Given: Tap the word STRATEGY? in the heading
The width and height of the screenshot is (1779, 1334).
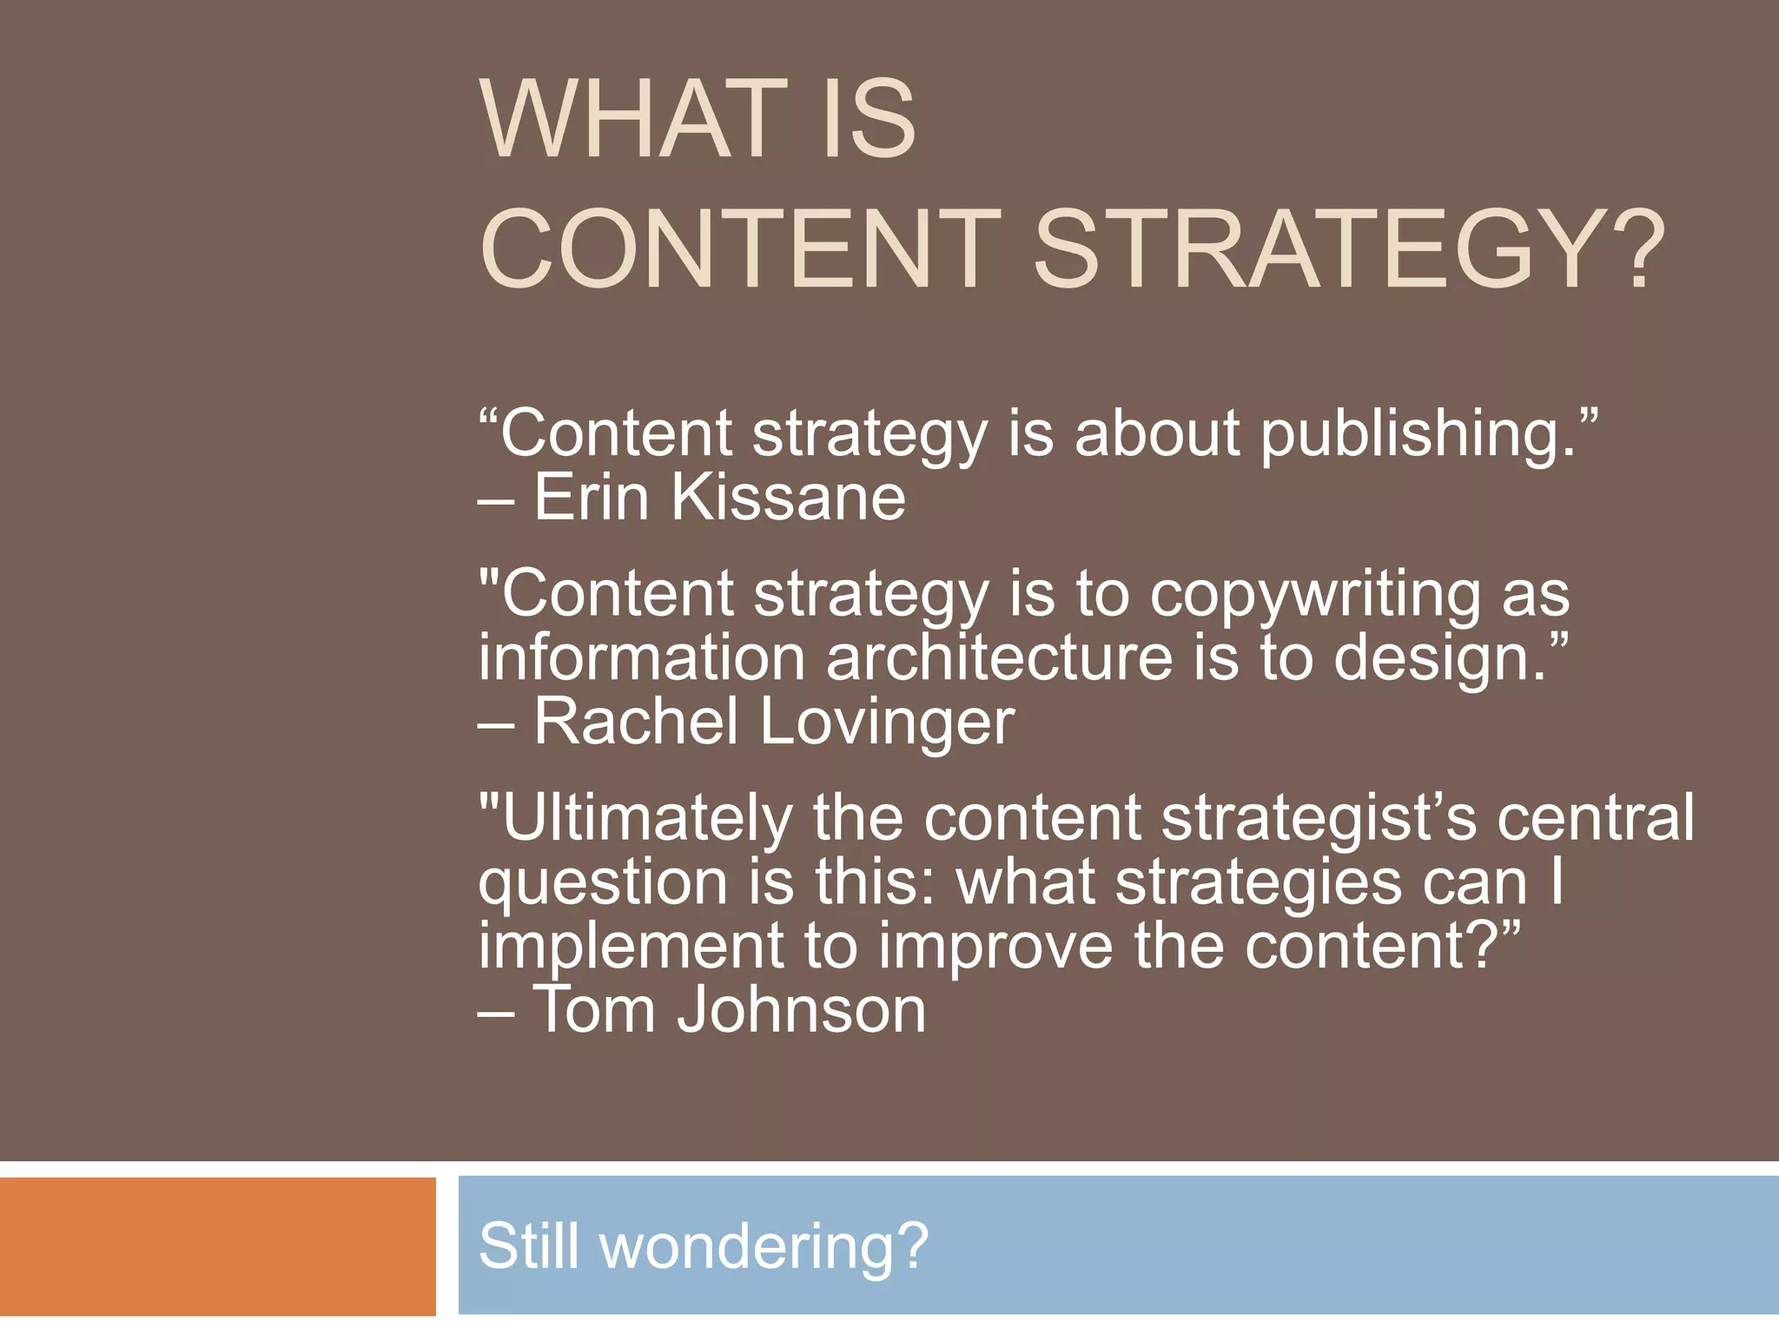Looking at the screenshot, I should point(1348,249).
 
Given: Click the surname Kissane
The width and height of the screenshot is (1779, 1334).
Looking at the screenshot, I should point(788,498).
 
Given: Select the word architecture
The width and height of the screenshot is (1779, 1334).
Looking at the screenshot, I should point(1000,658).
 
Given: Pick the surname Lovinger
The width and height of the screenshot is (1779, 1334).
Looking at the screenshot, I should point(887,723).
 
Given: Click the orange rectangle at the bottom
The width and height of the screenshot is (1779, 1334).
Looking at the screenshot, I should point(217,1246).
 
